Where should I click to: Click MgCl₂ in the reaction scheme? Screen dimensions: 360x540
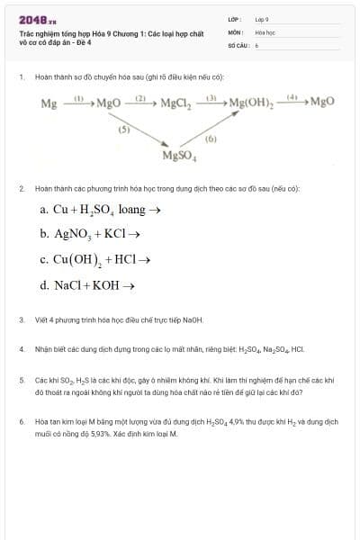point(175,103)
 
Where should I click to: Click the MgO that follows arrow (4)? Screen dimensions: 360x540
point(321,103)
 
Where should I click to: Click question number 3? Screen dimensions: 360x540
point(22,319)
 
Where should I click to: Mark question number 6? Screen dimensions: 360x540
point(22,420)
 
